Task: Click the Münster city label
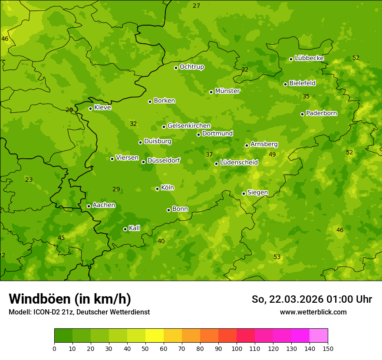[x=227, y=91]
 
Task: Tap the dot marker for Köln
[x=157, y=189]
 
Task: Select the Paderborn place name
[x=321, y=113]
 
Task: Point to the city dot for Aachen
[x=89, y=206]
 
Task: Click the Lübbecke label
[x=309, y=58]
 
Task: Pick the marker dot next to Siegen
[x=244, y=193]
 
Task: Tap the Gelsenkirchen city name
[x=189, y=126]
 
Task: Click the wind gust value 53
[x=277, y=257]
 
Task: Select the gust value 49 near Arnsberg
[x=272, y=155]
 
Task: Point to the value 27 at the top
[x=197, y=6]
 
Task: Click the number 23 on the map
[x=29, y=180]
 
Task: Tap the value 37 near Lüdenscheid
[x=209, y=155]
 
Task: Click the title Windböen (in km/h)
[x=70, y=299]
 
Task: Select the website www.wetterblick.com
[x=313, y=312]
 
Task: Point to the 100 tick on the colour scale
[x=237, y=348]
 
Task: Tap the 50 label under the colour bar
[x=145, y=348]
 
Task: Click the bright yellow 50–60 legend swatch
[x=155, y=336]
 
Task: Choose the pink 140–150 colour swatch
[x=319, y=336]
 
